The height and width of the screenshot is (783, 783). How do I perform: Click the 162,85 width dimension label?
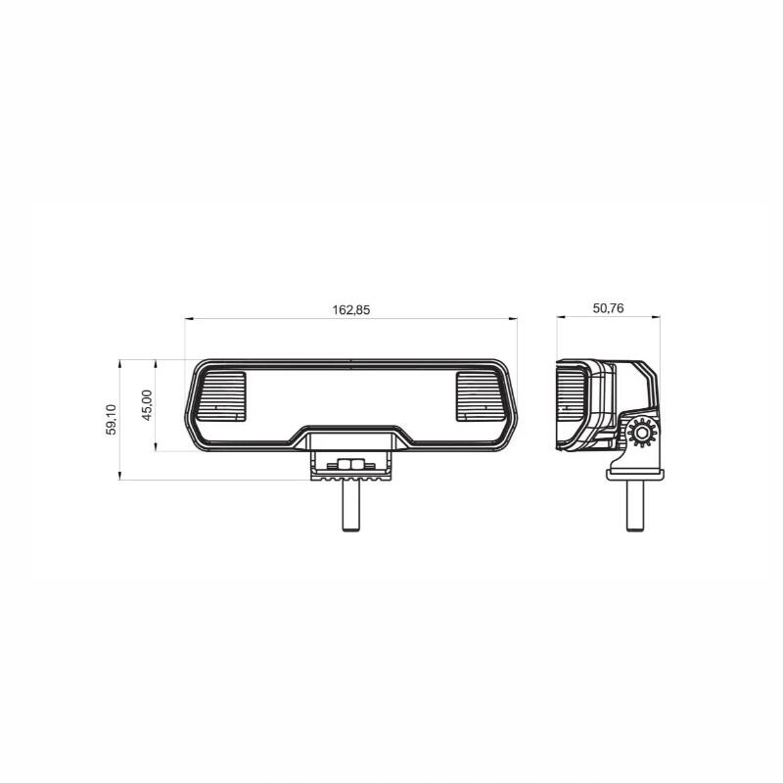[x=351, y=310]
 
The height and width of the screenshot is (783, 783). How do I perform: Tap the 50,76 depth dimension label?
[x=608, y=308]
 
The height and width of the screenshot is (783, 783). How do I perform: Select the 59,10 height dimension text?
[x=111, y=420]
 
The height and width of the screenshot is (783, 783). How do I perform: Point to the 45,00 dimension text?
[x=147, y=405]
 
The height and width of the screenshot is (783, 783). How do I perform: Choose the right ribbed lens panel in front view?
[x=481, y=396]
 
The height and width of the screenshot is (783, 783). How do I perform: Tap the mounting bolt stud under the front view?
[x=351, y=505]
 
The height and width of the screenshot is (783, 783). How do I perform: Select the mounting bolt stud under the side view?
[x=635, y=505]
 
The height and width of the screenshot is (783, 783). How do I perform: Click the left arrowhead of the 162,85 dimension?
[x=189, y=318]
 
